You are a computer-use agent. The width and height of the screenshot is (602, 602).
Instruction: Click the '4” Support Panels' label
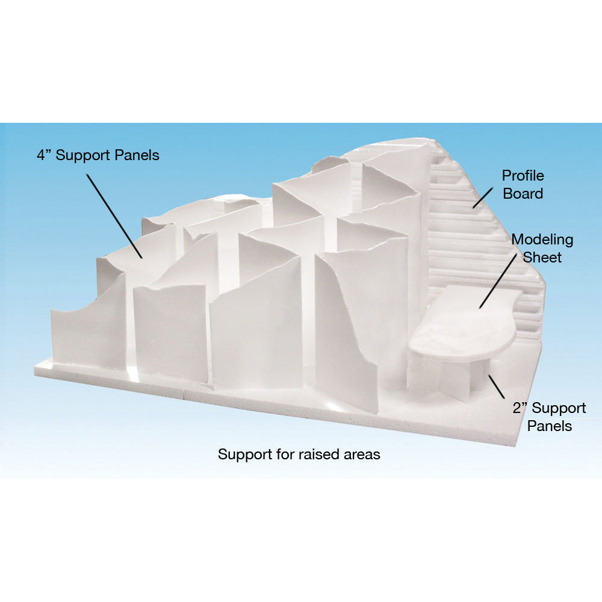click(98, 155)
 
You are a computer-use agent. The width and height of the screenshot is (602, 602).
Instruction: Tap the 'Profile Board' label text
click(523, 185)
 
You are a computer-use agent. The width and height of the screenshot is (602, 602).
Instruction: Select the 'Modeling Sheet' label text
click(542, 249)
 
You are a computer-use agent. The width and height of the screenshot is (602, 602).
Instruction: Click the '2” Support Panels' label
click(550, 417)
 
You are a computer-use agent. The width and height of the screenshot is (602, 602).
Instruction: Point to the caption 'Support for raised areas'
click(299, 455)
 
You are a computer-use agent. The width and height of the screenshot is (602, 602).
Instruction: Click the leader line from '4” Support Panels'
click(114, 216)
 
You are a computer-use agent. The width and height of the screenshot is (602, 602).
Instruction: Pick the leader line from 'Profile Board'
click(483, 198)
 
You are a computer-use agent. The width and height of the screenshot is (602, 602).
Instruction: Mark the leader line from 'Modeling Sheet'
click(498, 281)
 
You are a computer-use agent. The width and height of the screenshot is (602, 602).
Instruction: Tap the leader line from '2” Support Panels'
click(497, 386)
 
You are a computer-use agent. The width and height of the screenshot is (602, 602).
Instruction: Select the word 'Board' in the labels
click(523, 193)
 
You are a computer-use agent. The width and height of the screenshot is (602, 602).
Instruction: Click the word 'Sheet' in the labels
click(542, 257)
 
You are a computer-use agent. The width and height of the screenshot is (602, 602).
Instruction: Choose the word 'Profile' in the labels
click(523, 176)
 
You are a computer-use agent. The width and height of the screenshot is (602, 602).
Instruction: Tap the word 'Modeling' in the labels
click(542, 240)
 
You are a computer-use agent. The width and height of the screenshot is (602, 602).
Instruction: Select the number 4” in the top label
click(44, 155)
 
